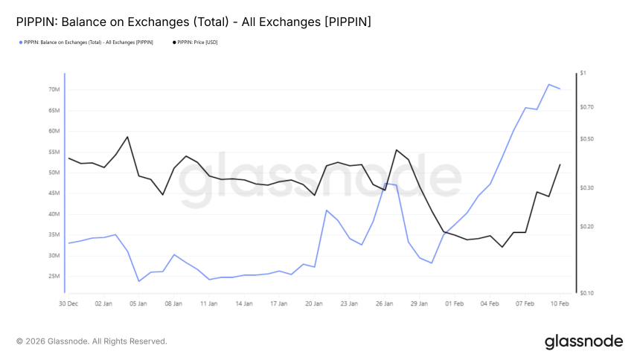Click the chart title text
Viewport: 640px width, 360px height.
193,22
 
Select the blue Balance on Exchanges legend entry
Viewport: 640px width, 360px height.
88,42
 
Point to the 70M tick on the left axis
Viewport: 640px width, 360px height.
54,89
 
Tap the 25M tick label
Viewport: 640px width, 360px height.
54,276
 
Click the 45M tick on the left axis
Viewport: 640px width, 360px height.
54,193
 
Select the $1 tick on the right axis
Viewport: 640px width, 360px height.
583,73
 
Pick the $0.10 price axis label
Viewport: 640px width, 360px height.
587,293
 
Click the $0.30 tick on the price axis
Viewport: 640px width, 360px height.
587,188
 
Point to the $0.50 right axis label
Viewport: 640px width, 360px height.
587,139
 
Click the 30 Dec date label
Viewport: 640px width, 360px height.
68,303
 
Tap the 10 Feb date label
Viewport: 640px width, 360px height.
560,303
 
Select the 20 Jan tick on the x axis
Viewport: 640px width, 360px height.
314,303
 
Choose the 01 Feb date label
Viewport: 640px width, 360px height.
454,303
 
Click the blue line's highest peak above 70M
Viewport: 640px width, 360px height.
548,84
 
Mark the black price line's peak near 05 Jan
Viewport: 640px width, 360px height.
127,137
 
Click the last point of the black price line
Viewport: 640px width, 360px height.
560,164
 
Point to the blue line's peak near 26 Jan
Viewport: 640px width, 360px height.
385,183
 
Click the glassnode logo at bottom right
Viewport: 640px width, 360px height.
583,341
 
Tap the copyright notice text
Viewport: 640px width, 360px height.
92,341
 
